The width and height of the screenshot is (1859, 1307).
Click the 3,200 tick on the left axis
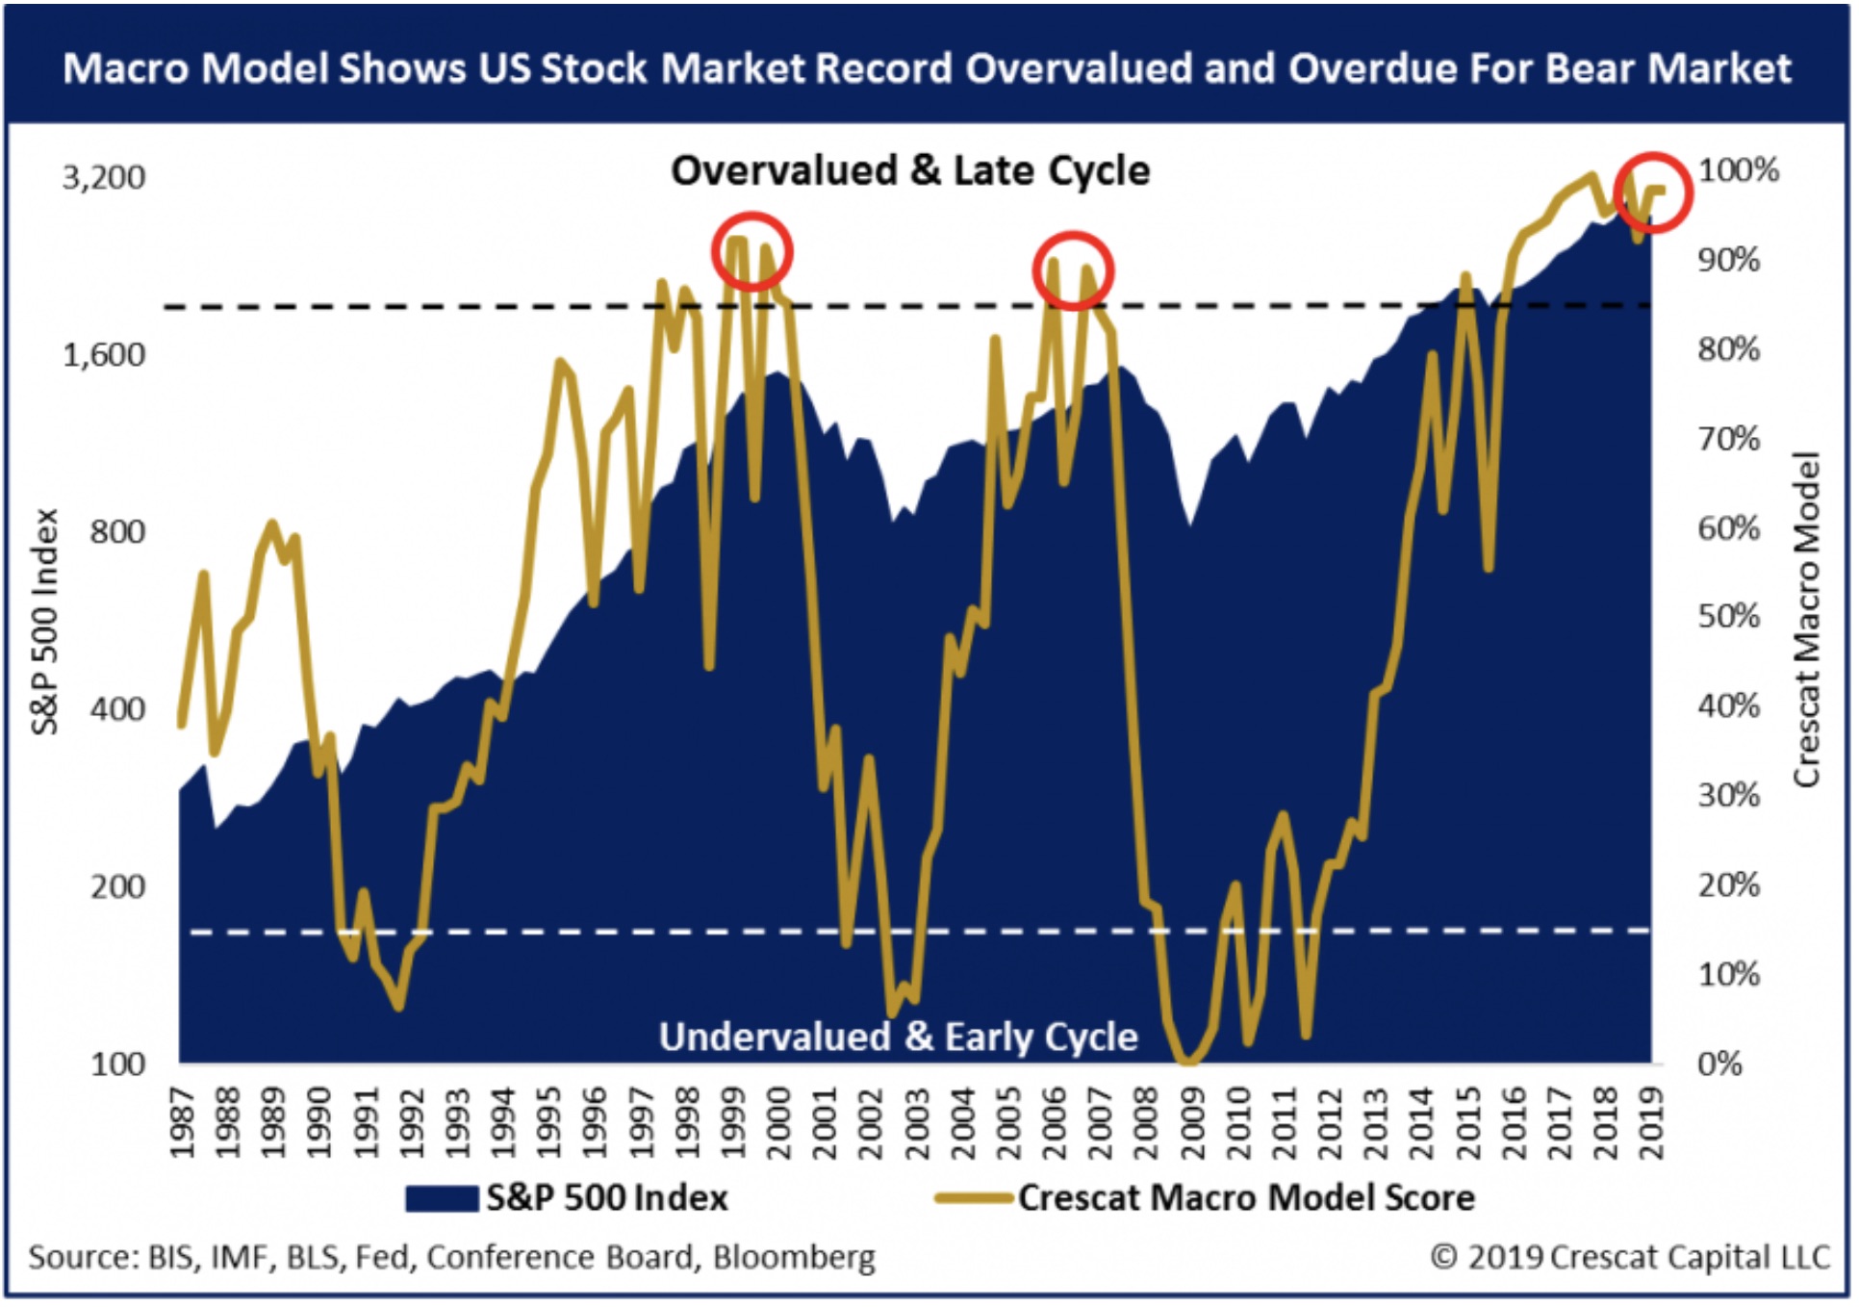(104, 177)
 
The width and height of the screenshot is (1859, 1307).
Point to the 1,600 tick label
(104, 355)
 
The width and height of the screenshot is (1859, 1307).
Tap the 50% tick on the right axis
(1728, 617)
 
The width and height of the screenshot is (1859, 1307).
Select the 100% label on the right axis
(1738, 170)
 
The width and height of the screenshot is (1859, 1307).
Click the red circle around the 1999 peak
(752, 252)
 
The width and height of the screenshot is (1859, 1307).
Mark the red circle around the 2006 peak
(1073, 270)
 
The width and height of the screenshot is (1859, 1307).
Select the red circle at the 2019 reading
(1653, 192)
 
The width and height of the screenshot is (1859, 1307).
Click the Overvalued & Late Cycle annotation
(910, 170)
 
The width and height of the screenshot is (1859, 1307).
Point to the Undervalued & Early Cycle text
(898, 1038)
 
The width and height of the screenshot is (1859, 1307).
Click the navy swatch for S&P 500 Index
(442, 1198)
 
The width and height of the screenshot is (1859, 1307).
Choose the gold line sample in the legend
(973, 1198)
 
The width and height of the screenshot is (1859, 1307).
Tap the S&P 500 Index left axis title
(44, 622)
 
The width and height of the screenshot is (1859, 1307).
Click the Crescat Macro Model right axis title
(1807, 620)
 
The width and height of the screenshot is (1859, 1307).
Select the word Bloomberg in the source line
(794, 1257)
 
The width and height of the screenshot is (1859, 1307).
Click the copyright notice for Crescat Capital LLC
(1630, 1257)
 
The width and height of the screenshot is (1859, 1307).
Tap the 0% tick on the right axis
(1719, 1064)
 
